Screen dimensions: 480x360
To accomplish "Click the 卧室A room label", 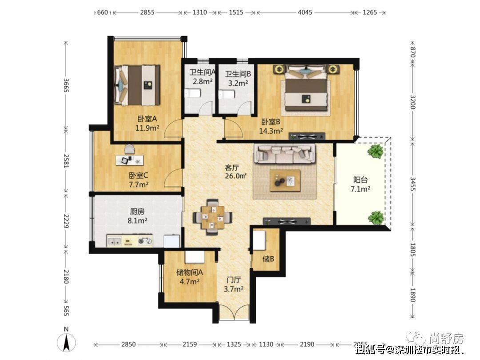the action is pos(147,119).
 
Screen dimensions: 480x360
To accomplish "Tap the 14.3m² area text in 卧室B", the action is pos(271,131).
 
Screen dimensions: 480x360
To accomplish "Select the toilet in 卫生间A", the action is pos(192,93).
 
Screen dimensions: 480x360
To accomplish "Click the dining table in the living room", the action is pos(212,217).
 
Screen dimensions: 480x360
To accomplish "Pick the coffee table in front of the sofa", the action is pos(285,180).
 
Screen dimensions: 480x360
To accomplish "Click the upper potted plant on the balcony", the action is pos(376,151).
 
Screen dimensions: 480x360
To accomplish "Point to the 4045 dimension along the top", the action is pos(305,12).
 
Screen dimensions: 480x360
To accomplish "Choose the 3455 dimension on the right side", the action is pos(412,184).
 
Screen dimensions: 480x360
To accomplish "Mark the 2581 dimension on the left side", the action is pos(66,160).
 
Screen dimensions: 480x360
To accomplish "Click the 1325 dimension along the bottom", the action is pos(234,344).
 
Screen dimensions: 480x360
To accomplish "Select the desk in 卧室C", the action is pos(130,160).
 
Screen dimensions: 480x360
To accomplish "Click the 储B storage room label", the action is pos(268,259).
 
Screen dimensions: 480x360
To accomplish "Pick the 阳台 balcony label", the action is pos(360,180).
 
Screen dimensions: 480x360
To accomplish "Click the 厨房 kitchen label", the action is pos(137,212).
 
